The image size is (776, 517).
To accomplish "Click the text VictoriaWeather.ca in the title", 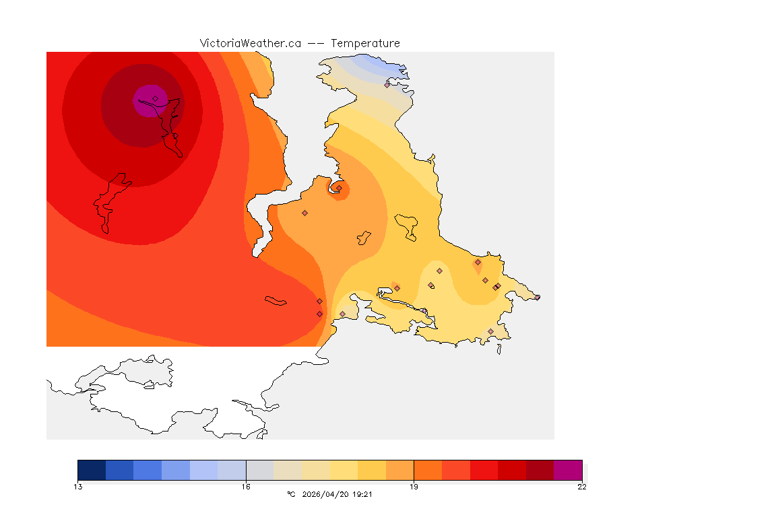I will (x=250, y=43).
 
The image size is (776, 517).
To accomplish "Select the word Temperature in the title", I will (x=365, y=43).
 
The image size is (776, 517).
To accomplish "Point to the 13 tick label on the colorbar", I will (x=78, y=487).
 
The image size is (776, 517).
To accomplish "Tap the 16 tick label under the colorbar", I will (x=246, y=487).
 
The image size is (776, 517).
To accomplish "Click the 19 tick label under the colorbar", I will (x=414, y=487).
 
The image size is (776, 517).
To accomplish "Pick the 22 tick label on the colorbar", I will (x=581, y=487).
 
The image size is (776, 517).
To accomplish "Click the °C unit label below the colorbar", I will (x=291, y=494).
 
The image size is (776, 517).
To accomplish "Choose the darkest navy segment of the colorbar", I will (x=92, y=470).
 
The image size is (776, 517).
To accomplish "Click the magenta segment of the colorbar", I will (x=568, y=470).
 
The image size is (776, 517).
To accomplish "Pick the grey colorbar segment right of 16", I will (x=260, y=470).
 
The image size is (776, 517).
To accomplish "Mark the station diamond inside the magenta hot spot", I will (x=155, y=98).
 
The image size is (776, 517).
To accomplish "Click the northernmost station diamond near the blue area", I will (x=387, y=85).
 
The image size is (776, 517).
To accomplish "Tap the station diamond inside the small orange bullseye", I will (x=339, y=188).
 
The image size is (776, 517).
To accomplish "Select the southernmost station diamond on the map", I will (x=490, y=331).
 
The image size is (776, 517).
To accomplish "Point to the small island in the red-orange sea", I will (x=276, y=301).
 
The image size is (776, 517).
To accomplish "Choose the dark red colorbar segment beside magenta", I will (x=540, y=470).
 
